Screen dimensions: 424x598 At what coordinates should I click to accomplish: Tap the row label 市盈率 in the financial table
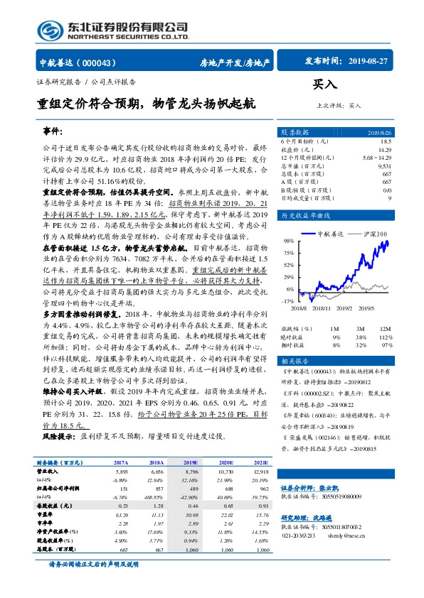coord(48,513)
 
